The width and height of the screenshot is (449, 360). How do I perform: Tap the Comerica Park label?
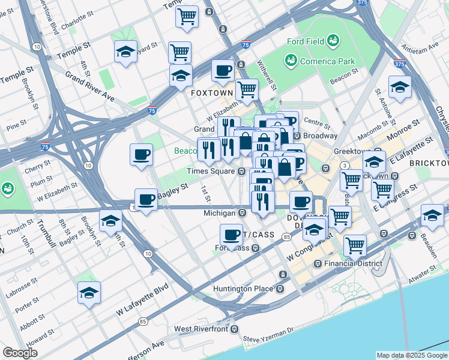[328, 61]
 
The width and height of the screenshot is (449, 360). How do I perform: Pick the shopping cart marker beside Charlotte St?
[187, 15]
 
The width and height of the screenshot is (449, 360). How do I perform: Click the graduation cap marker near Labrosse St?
[89, 293]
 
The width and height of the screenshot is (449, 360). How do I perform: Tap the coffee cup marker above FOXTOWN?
[223, 70]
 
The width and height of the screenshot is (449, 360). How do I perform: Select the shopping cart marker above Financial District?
[355, 244]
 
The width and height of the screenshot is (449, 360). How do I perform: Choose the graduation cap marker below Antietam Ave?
[400, 87]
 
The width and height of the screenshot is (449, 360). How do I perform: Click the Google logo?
[20, 353]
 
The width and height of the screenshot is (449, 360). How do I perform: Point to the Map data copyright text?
[412, 355]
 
